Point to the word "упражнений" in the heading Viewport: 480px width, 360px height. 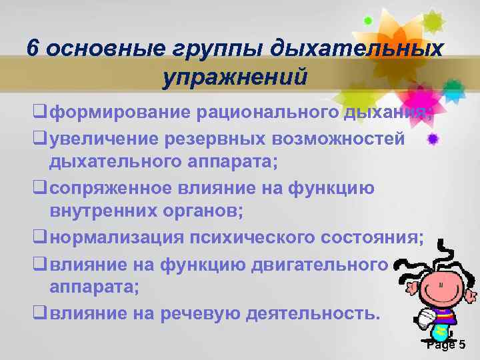(x=234, y=77)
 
